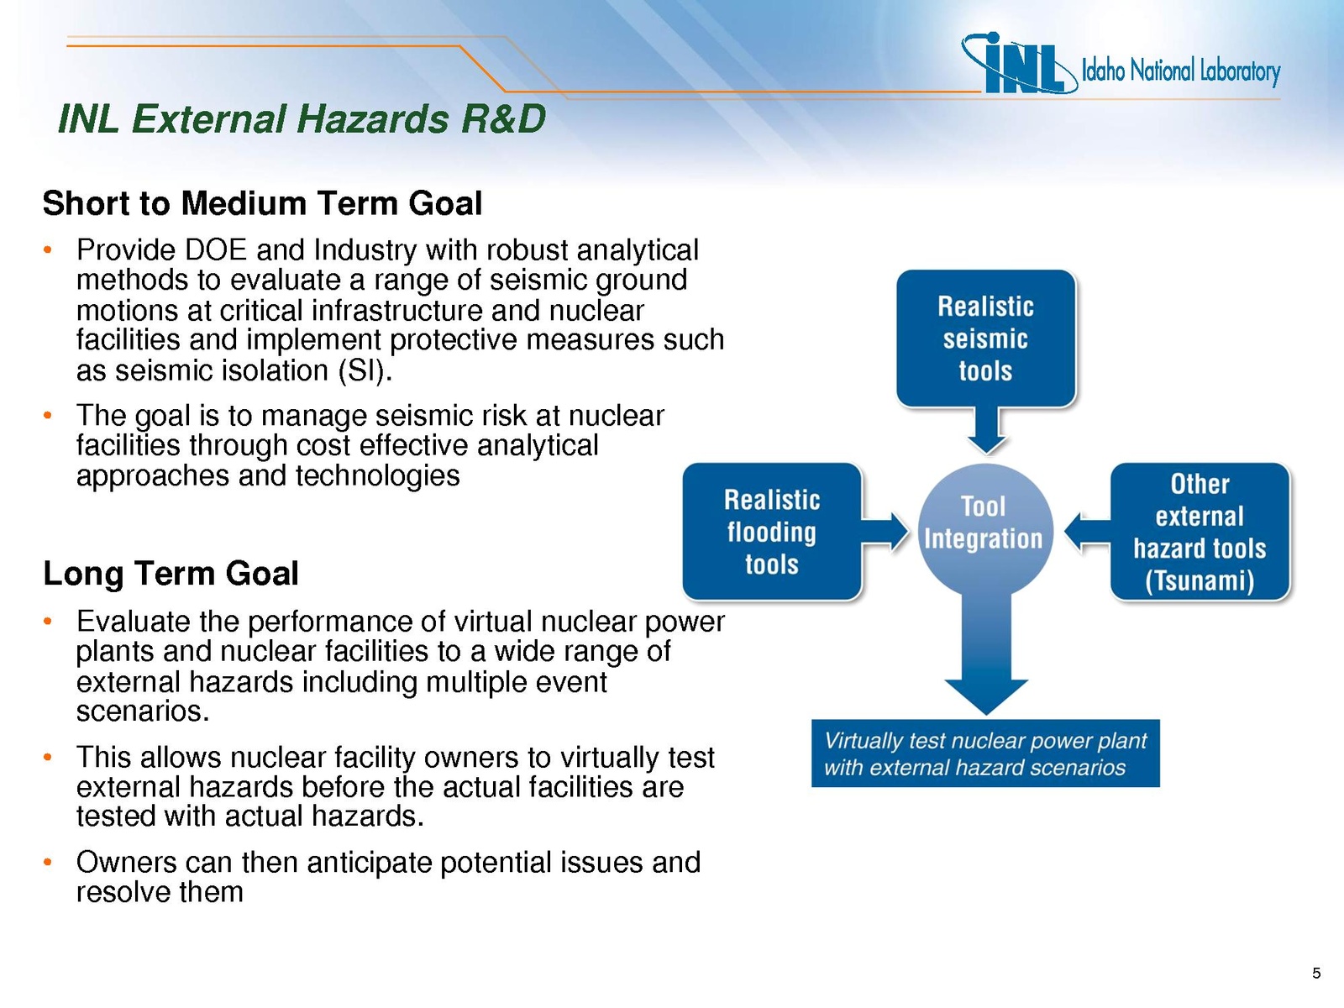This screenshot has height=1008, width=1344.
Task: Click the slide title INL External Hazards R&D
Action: tap(302, 118)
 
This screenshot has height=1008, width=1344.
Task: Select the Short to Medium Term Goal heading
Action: tap(262, 203)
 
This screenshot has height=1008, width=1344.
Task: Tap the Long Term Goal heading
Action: tap(171, 574)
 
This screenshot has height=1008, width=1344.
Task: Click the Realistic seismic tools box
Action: tap(986, 339)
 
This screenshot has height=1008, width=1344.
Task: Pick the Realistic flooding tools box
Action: tap(772, 532)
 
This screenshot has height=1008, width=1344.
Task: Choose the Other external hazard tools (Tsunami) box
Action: tap(1200, 532)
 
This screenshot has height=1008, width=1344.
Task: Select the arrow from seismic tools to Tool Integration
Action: tap(986, 429)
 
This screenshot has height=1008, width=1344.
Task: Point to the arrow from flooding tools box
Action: tap(885, 531)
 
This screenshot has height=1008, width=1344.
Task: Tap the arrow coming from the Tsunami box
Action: tap(1087, 531)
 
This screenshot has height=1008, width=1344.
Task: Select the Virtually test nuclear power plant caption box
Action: tap(985, 753)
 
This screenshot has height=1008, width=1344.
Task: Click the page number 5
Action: tap(1315, 973)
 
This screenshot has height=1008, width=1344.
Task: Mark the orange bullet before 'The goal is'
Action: tap(47, 416)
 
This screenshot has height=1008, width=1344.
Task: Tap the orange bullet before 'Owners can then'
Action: tap(47, 863)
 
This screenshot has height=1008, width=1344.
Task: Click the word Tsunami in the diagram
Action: tap(1200, 580)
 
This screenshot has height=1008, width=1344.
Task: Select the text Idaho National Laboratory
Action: tap(1181, 71)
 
